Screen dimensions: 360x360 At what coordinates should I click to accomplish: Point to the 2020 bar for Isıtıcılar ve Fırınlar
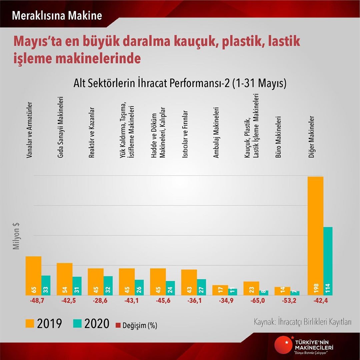(x=202, y=287)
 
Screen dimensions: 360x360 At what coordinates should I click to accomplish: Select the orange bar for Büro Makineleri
(x=282, y=291)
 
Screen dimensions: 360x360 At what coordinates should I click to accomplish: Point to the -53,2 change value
(x=287, y=301)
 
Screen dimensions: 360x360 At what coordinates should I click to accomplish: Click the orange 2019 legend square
(x=30, y=323)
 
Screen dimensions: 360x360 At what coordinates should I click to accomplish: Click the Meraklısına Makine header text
(x=57, y=16)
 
